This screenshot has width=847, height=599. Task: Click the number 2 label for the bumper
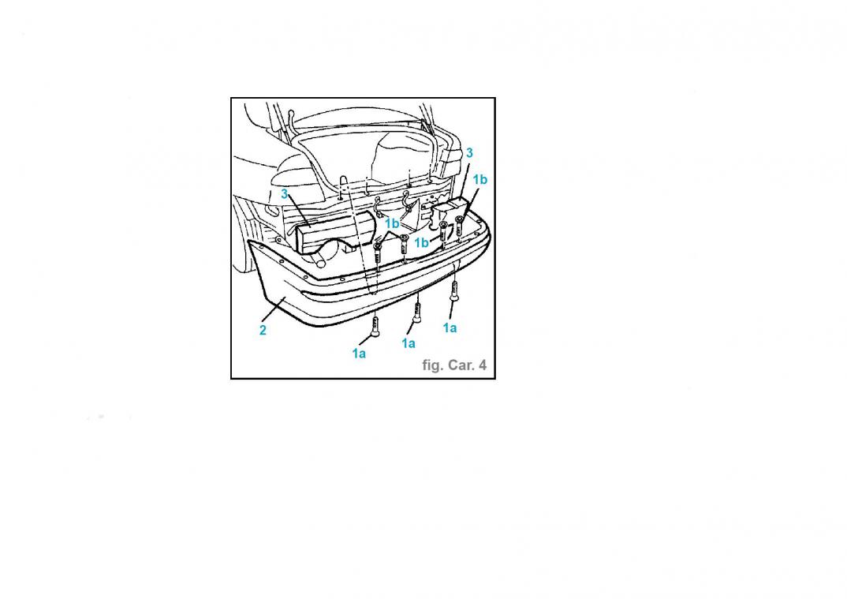[x=263, y=330]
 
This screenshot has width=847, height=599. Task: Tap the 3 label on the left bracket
[x=284, y=194]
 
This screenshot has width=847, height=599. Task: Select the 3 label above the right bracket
[x=469, y=153]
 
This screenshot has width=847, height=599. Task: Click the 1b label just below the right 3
[x=479, y=179]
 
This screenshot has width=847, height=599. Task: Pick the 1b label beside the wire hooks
[x=392, y=223]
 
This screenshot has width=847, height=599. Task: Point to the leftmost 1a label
[x=359, y=354]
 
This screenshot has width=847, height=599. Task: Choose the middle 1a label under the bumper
[x=409, y=343]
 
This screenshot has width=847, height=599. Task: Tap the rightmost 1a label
[x=450, y=328]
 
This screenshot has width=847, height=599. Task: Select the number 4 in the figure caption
[x=483, y=365]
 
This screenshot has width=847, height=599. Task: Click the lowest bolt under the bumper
[x=375, y=327]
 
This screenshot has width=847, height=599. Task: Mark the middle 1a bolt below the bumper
[x=416, y=312]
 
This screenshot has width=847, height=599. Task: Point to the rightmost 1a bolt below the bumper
[x=454, y=292]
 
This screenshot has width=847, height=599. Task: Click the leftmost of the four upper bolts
[x=378, y=254]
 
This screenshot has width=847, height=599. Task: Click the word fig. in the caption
[x=431, y=365]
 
